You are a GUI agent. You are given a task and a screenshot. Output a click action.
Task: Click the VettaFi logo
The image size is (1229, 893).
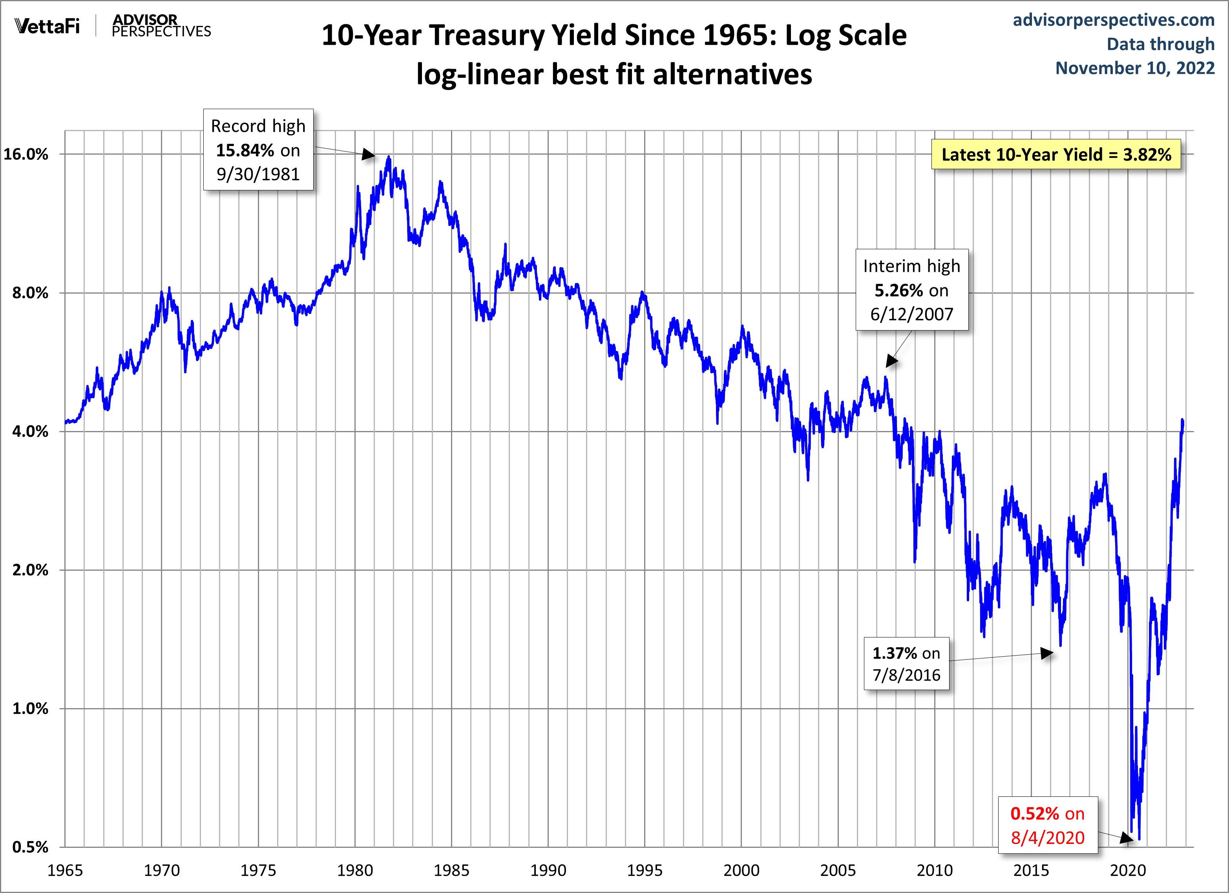[47, 26]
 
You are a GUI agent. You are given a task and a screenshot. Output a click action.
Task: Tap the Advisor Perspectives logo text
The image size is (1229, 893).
[161, 26]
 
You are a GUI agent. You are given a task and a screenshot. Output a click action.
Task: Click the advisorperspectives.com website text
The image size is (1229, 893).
[1114, 20]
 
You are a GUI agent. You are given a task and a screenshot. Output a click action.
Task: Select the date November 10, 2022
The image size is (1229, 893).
[1135, 68]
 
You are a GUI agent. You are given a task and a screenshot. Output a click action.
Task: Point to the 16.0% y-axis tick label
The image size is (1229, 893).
[26, 154]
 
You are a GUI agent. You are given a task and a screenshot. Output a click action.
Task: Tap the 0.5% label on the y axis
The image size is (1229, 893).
[30, 847]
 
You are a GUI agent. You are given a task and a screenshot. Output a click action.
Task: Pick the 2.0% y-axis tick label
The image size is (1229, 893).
[30, 570]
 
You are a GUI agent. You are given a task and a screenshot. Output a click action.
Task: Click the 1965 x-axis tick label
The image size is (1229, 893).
[65, 870]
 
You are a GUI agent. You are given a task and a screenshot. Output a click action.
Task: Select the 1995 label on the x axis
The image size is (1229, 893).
[644, 870]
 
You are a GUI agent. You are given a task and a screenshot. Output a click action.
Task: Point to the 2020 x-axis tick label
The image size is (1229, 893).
[1128, 870]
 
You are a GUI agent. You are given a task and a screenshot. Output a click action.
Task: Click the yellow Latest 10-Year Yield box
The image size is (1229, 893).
[1056, 154]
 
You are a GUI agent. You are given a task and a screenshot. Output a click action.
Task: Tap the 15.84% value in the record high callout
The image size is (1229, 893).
[245, 150]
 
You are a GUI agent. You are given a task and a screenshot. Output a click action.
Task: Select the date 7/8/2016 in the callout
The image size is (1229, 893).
[906, 675]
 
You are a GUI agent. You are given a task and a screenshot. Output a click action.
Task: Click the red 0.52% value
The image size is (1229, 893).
[1034, 813]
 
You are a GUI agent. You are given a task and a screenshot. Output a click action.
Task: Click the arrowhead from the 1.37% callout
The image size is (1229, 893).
[1047, 653]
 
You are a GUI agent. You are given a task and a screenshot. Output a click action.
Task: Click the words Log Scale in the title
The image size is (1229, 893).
[846, 35]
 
